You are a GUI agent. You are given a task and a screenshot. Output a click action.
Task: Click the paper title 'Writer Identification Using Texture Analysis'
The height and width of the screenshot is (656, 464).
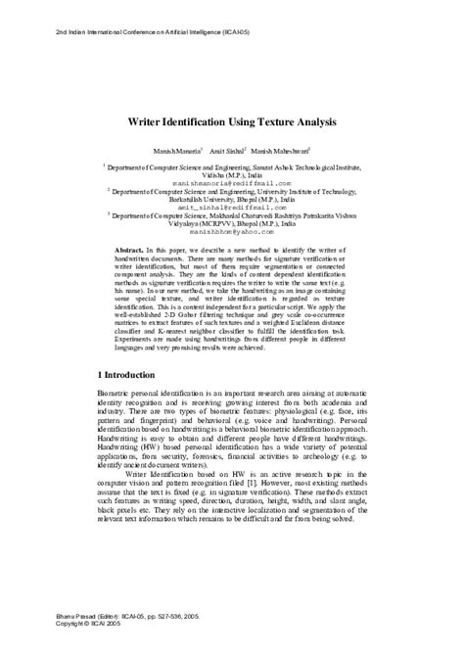pyautogui.click(x=231, y=123)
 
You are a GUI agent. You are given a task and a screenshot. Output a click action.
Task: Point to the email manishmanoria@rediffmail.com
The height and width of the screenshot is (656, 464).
pyautogui.click(x=231, y=183)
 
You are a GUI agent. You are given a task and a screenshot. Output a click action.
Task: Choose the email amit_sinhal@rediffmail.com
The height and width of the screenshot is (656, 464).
pyautogui.click(x=231, y=208)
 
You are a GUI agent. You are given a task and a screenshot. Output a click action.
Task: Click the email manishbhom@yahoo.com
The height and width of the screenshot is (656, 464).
pyautogui.click(x=231, y=233)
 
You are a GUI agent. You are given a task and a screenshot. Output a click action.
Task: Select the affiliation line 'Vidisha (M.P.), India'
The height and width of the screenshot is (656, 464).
pyautogui.click(x=232, y=175)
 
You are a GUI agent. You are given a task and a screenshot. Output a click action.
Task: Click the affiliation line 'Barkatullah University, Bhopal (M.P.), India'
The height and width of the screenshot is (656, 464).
pyautogui.click(x=232, y=200)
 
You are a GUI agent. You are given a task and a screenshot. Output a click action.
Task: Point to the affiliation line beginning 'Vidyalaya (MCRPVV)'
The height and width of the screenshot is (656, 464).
pyautogui.click(x=232, y=225)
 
